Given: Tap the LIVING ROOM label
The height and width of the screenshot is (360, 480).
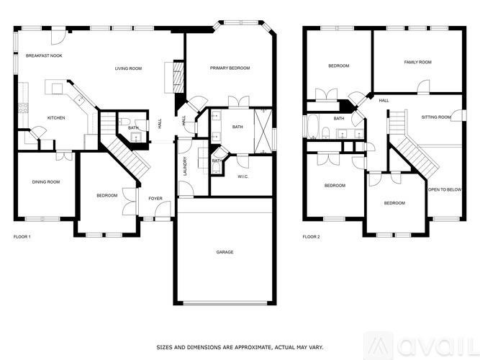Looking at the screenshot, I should [x=128, y=68].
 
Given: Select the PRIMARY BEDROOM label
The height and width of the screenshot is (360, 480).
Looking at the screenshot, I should [x=230, y=68].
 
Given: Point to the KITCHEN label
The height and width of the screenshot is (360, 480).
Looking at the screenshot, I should [x=56, y=118].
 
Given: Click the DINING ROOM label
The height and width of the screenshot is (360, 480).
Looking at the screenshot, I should [x=45, y=181].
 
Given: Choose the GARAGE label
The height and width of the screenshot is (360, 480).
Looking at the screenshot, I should [x=225, y=252].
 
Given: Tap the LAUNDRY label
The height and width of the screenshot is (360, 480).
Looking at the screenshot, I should [x=186, y=166].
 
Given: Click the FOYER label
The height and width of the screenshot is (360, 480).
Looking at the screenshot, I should [x=155, y=198].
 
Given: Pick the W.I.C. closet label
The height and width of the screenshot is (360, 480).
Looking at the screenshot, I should [x=243, y=176].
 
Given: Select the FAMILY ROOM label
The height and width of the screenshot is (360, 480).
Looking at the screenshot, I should [x=417, y=63].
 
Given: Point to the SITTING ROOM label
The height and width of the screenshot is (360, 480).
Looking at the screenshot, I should [x=436, y=117].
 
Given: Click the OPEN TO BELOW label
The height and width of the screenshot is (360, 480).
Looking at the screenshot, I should [x=444, y=189].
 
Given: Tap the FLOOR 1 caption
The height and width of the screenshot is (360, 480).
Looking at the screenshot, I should [x=22, y=236].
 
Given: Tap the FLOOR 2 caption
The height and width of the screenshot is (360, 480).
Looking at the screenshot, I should [x=311, y=236].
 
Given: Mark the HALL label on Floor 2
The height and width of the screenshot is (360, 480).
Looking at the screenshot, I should [x=384, y=101].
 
